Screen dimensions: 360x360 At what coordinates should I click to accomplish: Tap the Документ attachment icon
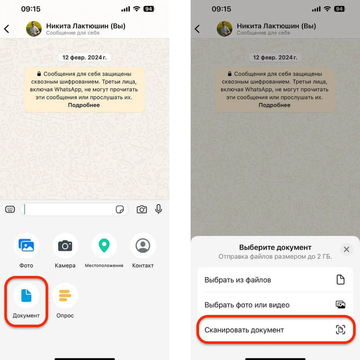coord(26,295)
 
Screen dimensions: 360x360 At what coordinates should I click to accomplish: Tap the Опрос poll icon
coord(65,295)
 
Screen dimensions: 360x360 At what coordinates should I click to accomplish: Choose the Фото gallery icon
coord(26,246)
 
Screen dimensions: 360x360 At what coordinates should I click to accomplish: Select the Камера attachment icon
coord(65,246)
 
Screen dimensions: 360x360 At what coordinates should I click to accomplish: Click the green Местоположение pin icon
coord(104,246)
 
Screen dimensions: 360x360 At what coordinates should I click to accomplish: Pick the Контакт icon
coord(143,246)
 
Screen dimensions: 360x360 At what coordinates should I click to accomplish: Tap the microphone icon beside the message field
coord(158,209)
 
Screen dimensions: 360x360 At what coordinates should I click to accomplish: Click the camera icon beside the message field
coord(142,210)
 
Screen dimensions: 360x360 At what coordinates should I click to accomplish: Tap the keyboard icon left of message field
coord(10,209)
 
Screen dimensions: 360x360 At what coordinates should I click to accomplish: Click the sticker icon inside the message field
coord(120,210)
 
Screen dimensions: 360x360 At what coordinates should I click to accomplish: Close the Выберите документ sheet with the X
coord(346,249)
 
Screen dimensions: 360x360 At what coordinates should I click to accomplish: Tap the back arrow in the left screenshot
coord(7,29)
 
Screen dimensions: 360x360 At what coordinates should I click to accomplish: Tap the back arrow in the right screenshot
coord(197,29)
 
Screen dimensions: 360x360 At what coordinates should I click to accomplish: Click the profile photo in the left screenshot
coord(34,29)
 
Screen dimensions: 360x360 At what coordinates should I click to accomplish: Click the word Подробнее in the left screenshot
coord(84,105)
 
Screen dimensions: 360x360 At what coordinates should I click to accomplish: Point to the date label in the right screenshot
coord(275,57)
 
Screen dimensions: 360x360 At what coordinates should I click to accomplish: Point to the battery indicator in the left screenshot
coord(149,9)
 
